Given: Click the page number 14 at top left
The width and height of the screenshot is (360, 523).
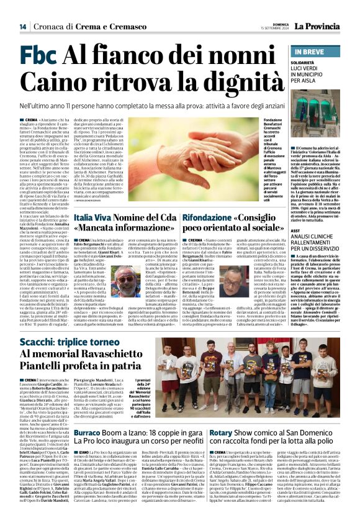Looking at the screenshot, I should [x=22, y=27].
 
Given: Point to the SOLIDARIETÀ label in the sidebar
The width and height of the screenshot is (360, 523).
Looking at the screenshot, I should [x=308, y=63].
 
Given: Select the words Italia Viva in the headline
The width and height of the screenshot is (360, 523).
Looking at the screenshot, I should [x=91, y=218].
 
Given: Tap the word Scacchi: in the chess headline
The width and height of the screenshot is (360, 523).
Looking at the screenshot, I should [x=41, y=342].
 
